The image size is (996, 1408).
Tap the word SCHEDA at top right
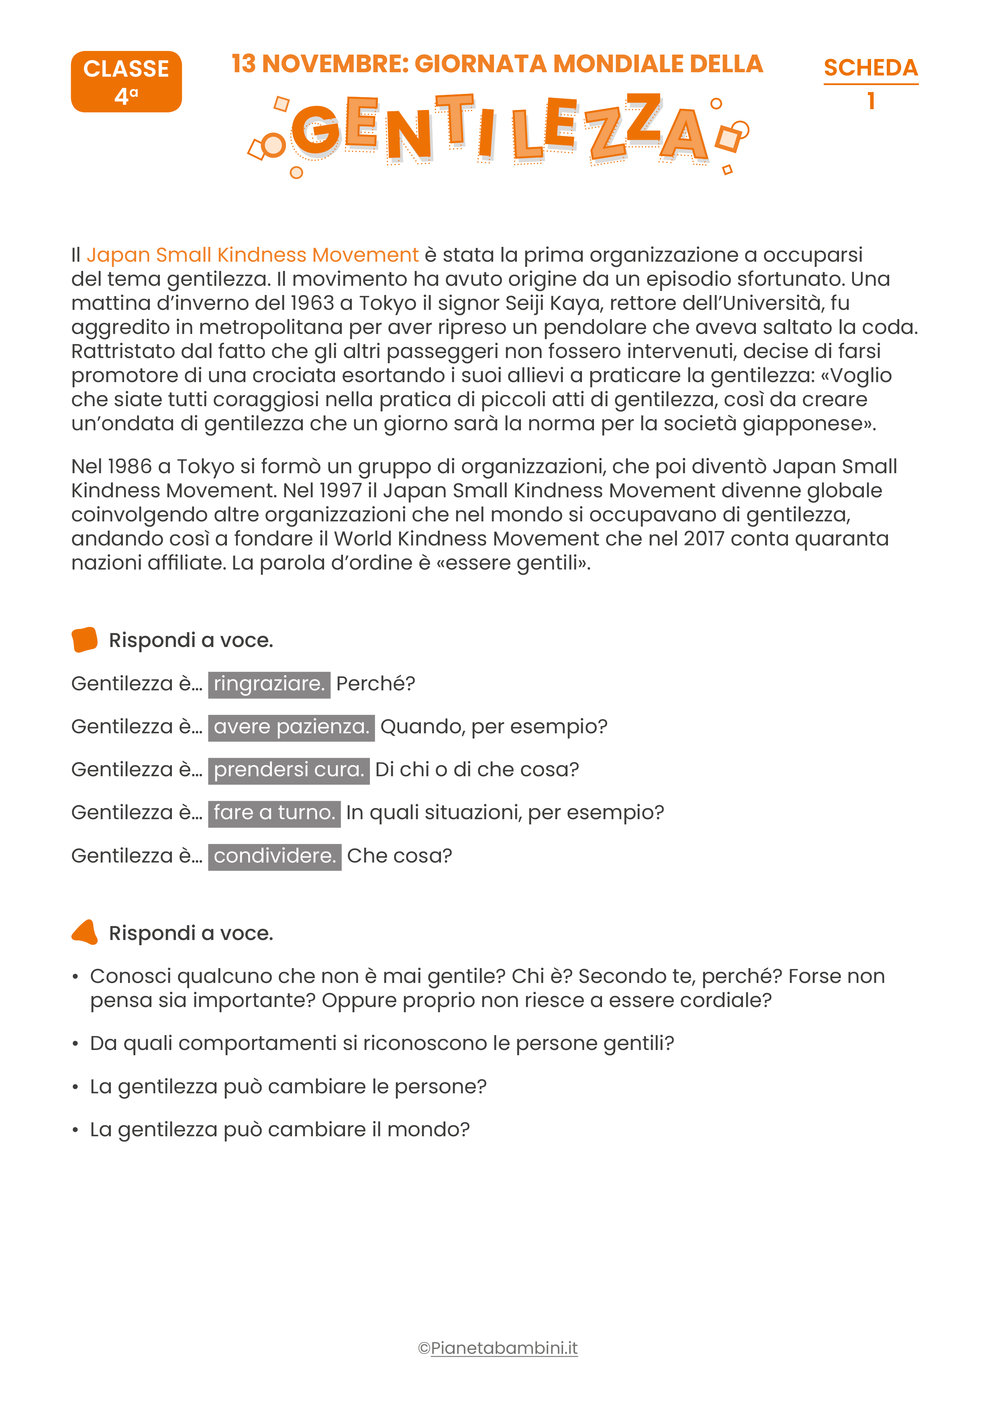click(x=870, y=67)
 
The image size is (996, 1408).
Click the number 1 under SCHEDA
click(x=870, y=101)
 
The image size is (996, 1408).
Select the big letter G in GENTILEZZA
click(x=315, y=130)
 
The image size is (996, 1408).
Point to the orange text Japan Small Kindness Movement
click(x=252, y=254)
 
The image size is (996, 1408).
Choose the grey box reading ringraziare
click(x=269, y=684)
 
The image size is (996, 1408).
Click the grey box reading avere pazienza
click(x=291, y=727)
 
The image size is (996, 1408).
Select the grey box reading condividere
click(x=274, y=856)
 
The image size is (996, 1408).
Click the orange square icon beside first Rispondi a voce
click(x=85, y=640)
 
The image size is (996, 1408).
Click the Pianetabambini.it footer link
click(x=504, y=1348)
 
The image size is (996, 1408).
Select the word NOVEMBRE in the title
click(x=335, y=64)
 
